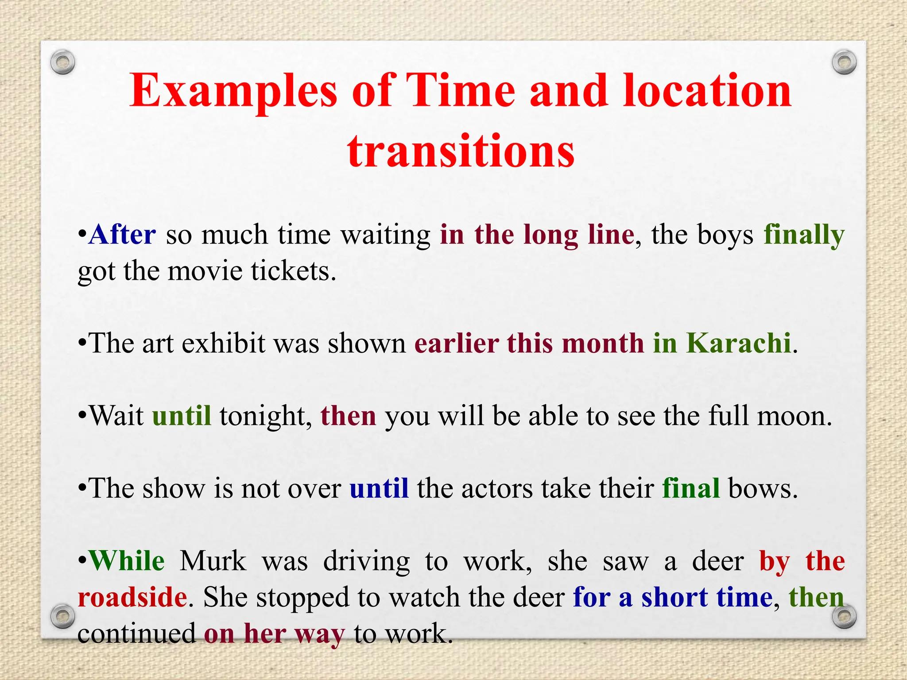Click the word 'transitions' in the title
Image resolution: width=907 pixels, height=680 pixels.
pyautogui.click(x=461, y=151)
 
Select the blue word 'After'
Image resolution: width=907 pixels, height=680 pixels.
pyautogui.click(x=122, y=235)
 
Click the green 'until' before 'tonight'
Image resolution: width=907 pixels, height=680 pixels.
pyautogui.click(x=182, y=416)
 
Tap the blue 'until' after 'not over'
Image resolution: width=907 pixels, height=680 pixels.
pyautogui.click(x=379, y=488)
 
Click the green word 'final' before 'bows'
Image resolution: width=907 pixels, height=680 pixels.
pyautogui.click(x=691, y=488)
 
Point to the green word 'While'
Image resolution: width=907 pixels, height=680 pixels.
pyautogui.click(x=127, y=561)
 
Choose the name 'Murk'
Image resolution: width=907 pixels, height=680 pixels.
pyautogui.click(x=213, y=561)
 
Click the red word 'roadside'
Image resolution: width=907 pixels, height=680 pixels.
pyautogui.click(x=132, y=597)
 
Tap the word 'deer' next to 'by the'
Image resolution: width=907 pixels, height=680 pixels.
pyautogui.click(x=718, y=561)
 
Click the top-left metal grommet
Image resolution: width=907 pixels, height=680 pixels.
pyautogui.click(x=62, y=62)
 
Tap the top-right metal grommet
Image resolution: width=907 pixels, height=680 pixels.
pyautogui.click(x=844, y=62)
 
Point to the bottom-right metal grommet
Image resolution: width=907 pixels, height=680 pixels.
pyautogui.click(x=844, y=616)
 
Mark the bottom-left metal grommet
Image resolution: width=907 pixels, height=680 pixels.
pyautogui.click(x=62, y=616)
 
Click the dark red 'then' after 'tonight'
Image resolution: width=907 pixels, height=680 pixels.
pyautogui.click(x=348, y=416)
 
